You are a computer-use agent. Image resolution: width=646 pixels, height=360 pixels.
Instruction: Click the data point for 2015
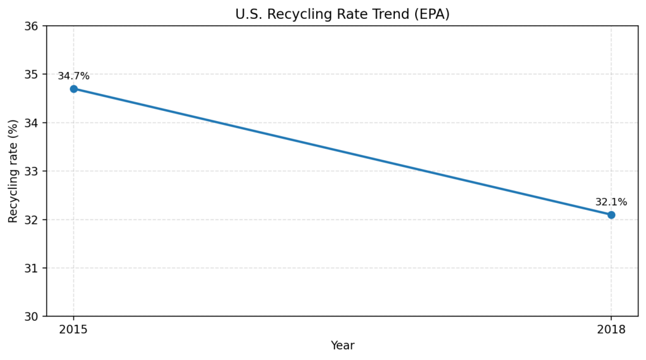(x=74, y=89)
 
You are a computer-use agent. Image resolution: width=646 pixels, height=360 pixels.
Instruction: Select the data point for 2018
(x=611, y=215)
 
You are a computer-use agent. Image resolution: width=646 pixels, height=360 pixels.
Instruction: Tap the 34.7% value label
(x=74, y=76)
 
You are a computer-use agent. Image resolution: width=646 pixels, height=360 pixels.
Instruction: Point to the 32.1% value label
(x=611, y=202)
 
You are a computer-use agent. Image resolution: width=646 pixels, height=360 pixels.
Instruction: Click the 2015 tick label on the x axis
(x=74, y=330)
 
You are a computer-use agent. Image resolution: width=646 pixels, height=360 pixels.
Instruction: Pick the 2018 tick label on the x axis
(x=611, y=330)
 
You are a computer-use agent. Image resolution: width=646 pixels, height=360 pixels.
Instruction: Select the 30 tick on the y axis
(x=32, y=316)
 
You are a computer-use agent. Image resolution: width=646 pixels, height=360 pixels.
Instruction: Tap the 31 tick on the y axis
(x=32, y=268)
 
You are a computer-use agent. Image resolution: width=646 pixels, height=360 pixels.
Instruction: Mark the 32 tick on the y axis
(x=32, y=219)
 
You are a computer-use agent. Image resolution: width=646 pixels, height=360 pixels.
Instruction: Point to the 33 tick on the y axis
(x=32, y=171)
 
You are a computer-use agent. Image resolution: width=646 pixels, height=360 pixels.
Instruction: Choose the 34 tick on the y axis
(x=32, y=122)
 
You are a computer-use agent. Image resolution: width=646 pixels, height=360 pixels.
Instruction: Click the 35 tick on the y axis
(x=32, y=74)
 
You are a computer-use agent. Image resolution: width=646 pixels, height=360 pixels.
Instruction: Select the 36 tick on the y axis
(x=32, y=26)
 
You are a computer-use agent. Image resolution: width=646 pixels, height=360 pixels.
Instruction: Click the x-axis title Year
(x=343, y=345)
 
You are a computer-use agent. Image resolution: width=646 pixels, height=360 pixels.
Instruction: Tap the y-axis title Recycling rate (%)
(x=13, y=171)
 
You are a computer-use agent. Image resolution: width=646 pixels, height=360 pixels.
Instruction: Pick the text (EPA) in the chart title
(x=433, y=15)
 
